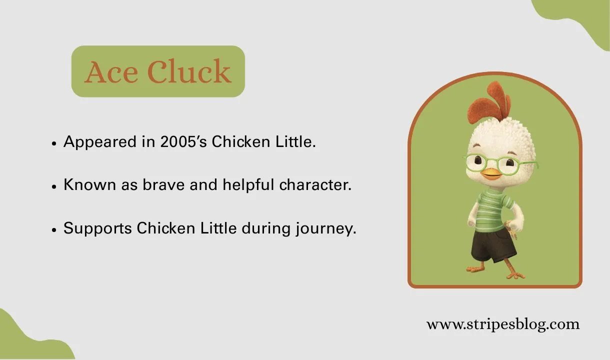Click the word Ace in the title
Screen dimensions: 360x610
click(x=111, y=72)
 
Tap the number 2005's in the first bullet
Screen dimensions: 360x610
click(x=183, y=142)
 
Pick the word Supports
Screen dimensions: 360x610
click(x=97, y=229)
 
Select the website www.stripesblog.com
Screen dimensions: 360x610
click(x=502, y=324)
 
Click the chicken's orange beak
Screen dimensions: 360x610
click(x=491, y=174)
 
